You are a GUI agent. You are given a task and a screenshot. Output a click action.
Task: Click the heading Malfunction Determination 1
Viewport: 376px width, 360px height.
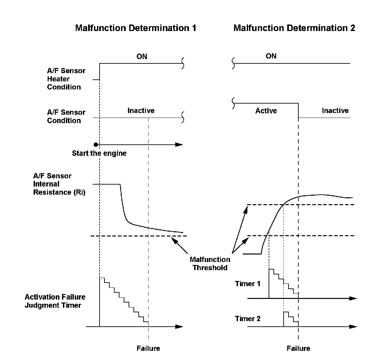tap(135, 28)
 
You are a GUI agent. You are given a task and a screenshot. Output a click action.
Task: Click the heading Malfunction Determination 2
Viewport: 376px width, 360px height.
tap(294, 28)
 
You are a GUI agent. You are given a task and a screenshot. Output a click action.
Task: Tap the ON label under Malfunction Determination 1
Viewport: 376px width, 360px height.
tap(142, 57)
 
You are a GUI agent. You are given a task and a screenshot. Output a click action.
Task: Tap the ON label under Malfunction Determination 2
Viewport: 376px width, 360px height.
tap(271, 56)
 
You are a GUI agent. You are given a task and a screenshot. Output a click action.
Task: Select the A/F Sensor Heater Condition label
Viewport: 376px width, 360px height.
tap(66, 79)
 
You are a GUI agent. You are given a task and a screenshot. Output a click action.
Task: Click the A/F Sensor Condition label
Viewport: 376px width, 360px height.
tap(66, 116)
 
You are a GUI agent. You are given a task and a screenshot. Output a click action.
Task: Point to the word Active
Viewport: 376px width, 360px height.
tap(266, 111)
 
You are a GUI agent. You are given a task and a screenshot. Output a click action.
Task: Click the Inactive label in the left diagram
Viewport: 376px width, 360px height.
tap(141, 111)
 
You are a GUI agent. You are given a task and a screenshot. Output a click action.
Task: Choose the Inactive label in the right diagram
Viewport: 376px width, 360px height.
tap(335, 111)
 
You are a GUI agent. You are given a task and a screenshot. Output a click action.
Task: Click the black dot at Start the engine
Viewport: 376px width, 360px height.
tap(96, 144)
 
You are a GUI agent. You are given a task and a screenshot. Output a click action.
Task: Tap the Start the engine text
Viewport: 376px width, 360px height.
tap(99, 153)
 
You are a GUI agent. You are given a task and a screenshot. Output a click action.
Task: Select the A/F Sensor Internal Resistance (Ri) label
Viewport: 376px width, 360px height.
tap(59, 184)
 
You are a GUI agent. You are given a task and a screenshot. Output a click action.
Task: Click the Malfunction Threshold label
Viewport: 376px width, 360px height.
tap(210, 263)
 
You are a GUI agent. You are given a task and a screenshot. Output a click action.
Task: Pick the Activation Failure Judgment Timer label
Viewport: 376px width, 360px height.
tap(55, 301)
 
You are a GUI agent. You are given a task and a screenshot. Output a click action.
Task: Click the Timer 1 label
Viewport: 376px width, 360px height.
tap(248, 284)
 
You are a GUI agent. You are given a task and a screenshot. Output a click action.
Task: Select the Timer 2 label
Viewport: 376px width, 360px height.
tap(248, 319)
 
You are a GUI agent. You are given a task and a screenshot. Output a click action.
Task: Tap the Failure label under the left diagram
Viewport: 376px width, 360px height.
tap(148, 348)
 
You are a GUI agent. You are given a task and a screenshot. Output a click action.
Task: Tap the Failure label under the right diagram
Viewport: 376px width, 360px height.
tap(298, 348)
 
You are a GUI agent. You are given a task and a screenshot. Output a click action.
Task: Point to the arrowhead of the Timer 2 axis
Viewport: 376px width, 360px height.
tap(353, 326)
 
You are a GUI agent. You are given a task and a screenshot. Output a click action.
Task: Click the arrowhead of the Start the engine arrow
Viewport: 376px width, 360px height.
tap(179, 144)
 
